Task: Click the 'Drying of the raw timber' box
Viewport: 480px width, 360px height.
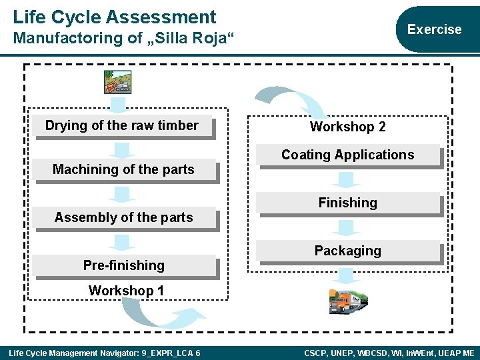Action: (x=122, y=126)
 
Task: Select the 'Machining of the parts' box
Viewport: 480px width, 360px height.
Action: (x=124, y=170)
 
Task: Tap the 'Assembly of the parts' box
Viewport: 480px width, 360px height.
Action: (x=124, y=218)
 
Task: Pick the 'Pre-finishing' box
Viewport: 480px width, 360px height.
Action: (x=124, y=265)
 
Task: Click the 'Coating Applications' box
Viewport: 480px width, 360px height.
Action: (x=348, y=155)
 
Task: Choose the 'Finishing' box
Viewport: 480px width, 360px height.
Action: (x=348, y=203)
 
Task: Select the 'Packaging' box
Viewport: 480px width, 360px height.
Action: (x=348, y=251)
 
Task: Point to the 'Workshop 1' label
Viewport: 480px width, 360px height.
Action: (x=126, y=291)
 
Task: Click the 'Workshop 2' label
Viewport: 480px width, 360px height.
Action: (x=348, y=127)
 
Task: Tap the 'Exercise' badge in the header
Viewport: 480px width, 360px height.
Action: (x=434, y=29)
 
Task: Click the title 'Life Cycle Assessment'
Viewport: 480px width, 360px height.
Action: (x=115, y=17)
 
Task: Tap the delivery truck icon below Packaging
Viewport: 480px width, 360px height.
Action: (x=348, y=301)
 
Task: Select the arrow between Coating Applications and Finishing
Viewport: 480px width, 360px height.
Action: (x=347, y=179)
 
